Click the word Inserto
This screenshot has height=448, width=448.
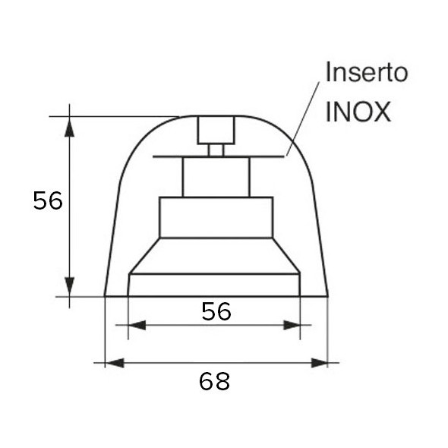[x=367, y=73]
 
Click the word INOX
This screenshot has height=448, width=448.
[x=358, y=112]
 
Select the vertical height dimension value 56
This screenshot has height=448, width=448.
[x=47, y=201]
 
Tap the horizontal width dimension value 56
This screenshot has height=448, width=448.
[x=216, y=311]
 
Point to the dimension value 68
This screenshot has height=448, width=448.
[x=214, y=381]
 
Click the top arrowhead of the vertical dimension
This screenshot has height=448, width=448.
[x=70, y=126]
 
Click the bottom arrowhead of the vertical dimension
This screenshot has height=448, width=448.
[x=70, y=286]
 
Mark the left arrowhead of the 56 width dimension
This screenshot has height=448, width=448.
[x=137, y=326]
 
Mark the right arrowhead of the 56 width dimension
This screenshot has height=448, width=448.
[x=292, y=326]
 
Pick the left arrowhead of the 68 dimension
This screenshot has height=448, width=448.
[x=114, y=364]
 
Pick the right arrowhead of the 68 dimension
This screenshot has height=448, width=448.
[x=319, y=364]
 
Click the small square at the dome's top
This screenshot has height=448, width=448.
[x=216, y=130]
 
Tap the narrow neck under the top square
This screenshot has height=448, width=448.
[x=216, y=150]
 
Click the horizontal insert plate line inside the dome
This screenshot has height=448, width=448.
[x=175, y=157]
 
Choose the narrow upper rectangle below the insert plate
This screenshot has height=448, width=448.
[x=216, y=177]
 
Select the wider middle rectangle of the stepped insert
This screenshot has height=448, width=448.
[x=216, y=217]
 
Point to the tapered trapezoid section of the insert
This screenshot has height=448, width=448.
[x=215, y=255]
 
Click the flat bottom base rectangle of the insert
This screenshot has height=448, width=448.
[x=215, y=285]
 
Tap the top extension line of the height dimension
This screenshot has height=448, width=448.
[x=114, y=116]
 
